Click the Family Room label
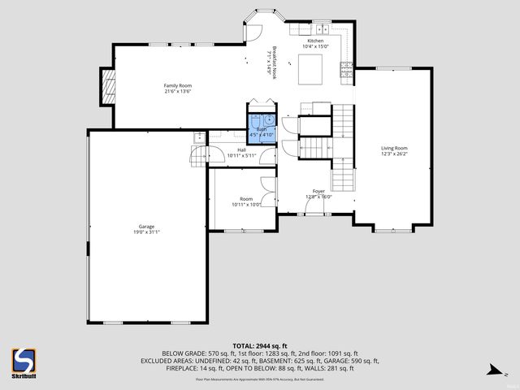(177, 85)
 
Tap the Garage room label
(146, 227)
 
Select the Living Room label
(394, 148)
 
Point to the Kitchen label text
(315, 41)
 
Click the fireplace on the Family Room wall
(106, 85)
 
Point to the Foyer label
(318, 191)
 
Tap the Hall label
(241, 149)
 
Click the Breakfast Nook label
(275, 58)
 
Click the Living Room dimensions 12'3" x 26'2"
(394, 154)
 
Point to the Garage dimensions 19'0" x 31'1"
(146, 232)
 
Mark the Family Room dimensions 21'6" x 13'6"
(177, 91)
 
